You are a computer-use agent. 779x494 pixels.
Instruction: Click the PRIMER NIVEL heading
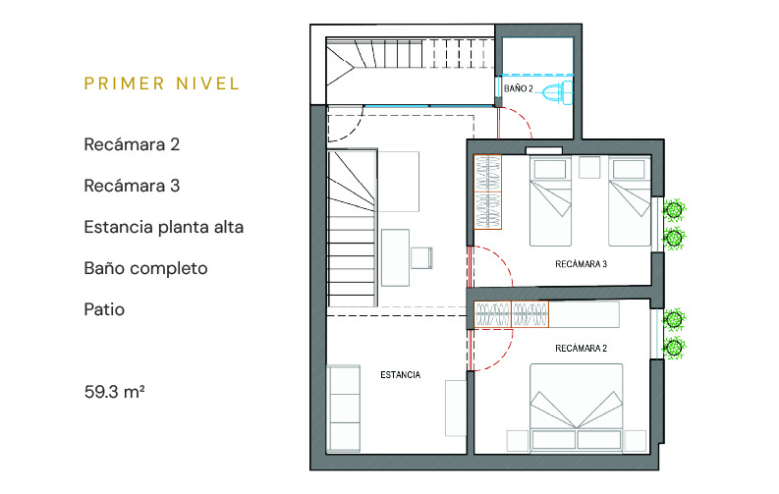click(x=162, y=83)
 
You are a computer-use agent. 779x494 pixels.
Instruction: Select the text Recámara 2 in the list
click(x=132, y=144)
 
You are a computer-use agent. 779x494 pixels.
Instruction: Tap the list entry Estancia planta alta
click(x=164, y=228)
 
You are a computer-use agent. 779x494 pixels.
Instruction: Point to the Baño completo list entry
click(x=145, y=268)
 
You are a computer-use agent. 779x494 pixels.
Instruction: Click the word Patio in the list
click(x=104, y=309)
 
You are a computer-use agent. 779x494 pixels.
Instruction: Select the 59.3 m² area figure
click(x=114, y=392)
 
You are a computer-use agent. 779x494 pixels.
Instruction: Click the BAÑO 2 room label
click(x=518, y=88)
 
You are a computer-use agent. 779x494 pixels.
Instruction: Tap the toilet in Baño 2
click(x=554, y=93)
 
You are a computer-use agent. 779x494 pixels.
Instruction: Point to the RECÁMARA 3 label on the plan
click(x=581, y=264)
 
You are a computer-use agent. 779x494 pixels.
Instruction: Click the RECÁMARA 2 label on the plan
click(x=581, y=349)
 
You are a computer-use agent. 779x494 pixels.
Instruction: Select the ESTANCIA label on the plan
click(x=401, y=375)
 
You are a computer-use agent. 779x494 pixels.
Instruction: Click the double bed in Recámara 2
click(x=577, y=409)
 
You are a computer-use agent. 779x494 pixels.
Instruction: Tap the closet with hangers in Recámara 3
click(x=488, y=192)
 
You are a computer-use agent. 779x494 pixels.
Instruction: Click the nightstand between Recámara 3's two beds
click(x=589, y=167)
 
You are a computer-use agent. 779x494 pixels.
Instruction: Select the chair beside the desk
click(x=421, y=257)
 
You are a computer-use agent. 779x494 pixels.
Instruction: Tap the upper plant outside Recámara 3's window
click(x=674, y=209)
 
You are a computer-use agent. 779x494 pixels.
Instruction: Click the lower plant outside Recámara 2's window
click(x=674, y=347)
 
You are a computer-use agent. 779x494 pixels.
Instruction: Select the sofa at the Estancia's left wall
click(x=343, y=409)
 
